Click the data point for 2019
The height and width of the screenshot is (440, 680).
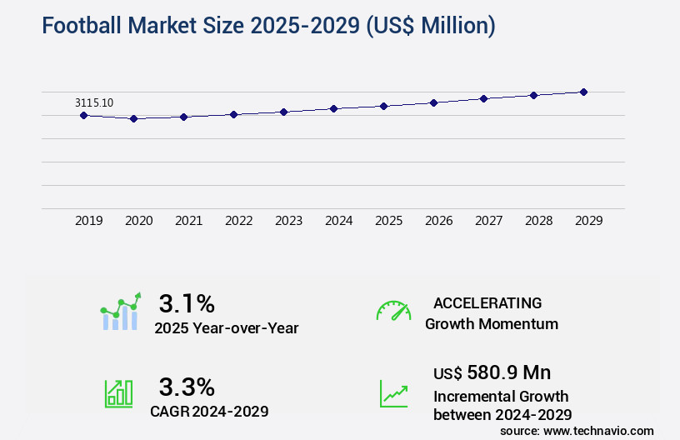pyautogui.click(x=83, y=115)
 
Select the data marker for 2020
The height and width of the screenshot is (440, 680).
pyautogui.click(x=133, y=119)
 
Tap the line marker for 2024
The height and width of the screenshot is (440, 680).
pyautogui.click(x=333, y=108)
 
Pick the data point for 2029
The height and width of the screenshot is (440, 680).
pyautogui.click(x=583, y=92)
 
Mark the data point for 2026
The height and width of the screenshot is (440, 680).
pyautogui.click(x=433, y=102)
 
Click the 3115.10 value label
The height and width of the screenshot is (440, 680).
pyautogui.click(x=94, y=102)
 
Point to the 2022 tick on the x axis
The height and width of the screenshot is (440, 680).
pyautogui.click(x=238, y=221)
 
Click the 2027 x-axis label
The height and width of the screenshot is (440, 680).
pyautogui.click(x=488, y=221)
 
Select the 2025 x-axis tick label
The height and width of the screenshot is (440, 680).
pyautogui.click(x=388, y=221)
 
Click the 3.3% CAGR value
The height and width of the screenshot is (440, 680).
pyautogui.click(x=187, y=387)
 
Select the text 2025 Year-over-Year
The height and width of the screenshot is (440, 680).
pyautogui.click(x=226, y=328)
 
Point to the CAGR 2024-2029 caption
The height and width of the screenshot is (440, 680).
pyautogui.click(x=209, y=411)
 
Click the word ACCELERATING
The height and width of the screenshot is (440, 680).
pyautogui.click(x=487, y=302)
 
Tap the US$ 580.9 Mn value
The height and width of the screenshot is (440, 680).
pyautogui.click(x=492, y=372)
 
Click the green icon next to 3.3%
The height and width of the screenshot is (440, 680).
pyautogui.click(x=118, y=393)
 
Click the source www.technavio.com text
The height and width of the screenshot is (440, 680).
pyautogui.click(x=577, y=431)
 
